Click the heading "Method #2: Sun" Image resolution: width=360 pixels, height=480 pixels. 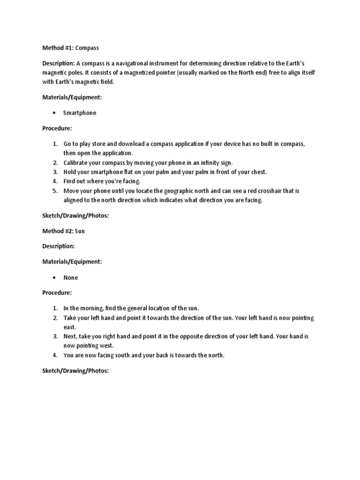[63, 231]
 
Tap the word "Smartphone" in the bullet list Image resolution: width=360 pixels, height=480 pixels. [80, 113]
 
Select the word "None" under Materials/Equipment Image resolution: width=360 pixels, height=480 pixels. [71, 277]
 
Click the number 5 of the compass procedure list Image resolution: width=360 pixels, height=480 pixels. [54, 191]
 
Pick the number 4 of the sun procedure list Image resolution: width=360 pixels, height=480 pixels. [54, 355]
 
